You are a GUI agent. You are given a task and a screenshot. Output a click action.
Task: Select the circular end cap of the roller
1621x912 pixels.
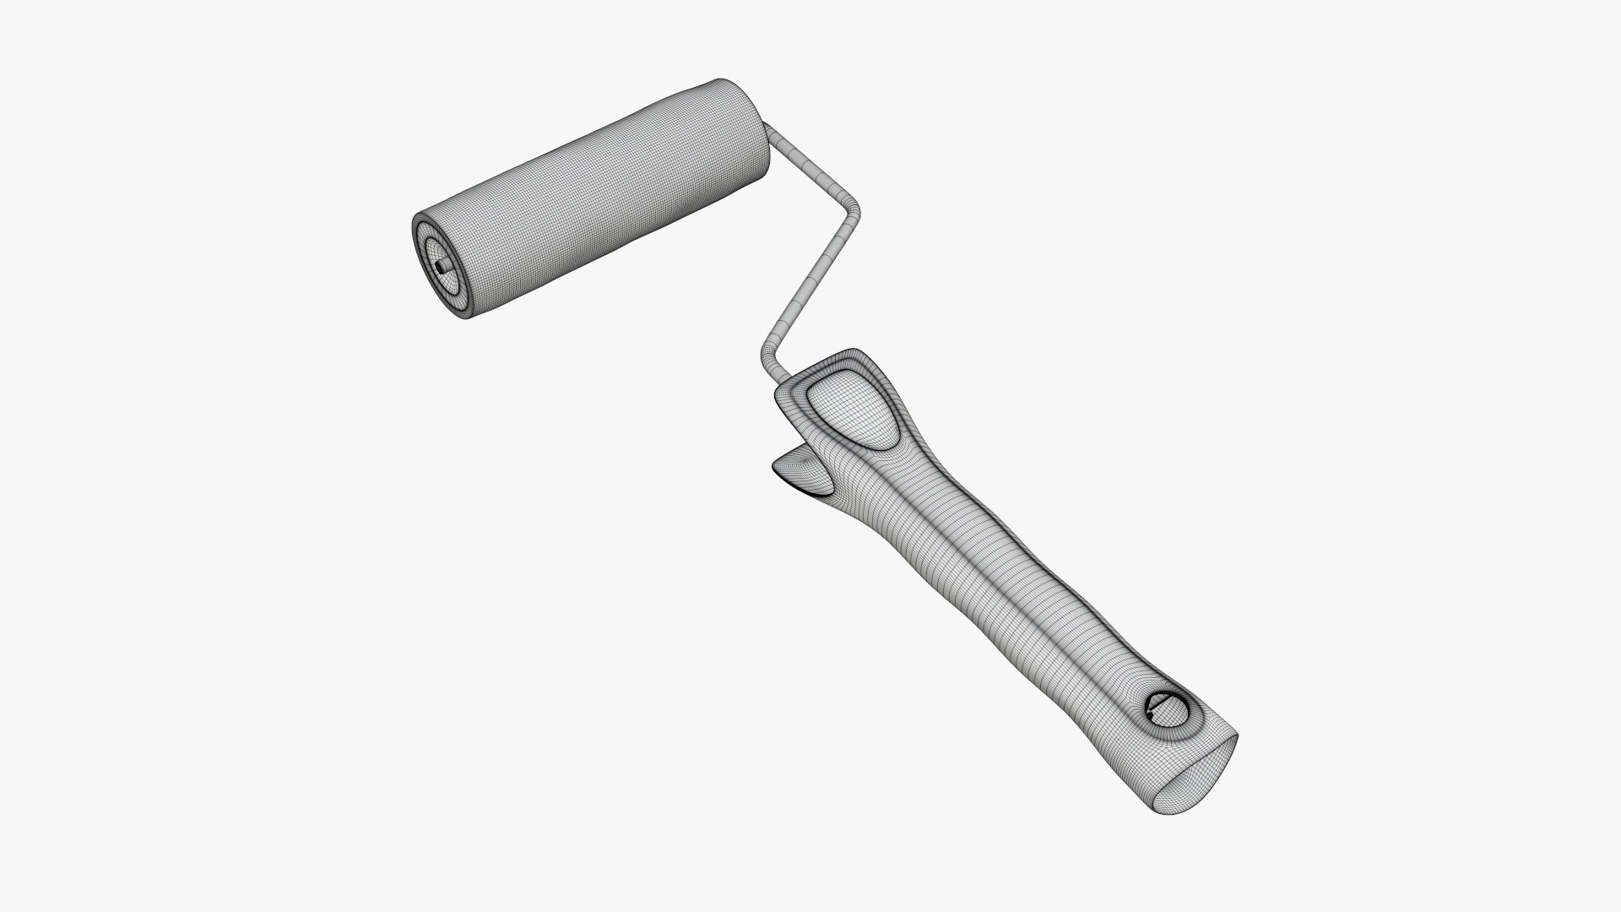(442, 263)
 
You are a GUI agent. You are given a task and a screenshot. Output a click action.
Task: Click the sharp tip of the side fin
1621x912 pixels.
(773, 465)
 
